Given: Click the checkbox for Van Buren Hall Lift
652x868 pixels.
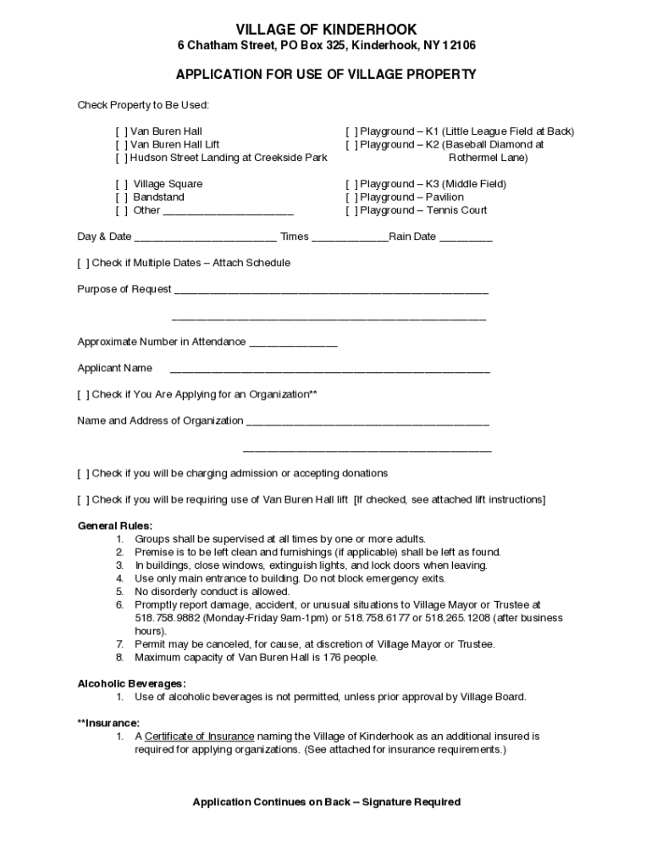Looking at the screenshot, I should pyautogui.click(x=122, y=145).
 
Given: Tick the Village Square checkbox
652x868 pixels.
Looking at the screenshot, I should pyautogui.click(x=122, y=184).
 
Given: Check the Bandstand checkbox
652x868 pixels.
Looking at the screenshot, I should pyautogui.click(x=122, y=198).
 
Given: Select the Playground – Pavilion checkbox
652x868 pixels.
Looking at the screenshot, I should pyautogui.click(x=351, y=198).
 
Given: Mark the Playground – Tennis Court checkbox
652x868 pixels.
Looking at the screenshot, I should pyautogui.click(x=351, y=210).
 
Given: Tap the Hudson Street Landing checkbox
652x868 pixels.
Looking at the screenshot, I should pyautogui.click(x=122, y=158).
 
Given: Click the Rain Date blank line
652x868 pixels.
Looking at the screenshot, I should pyautogui.click(x=465, y=238).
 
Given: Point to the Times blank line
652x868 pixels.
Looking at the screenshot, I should pyautogui.click(x=350, y=238).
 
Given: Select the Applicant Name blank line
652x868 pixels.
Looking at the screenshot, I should pyautogui.click(x=329, y=370).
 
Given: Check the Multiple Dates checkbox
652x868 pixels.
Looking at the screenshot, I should pyautogui.click(x=83, y=263).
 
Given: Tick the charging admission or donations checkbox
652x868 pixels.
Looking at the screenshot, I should pyautogui.click(x=83, y=473).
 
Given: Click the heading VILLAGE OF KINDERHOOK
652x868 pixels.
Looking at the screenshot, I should pyautogui.click(x=326, y=30).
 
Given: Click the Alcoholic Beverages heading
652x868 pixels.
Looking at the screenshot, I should pyautogui.click(x=132, y=684).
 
